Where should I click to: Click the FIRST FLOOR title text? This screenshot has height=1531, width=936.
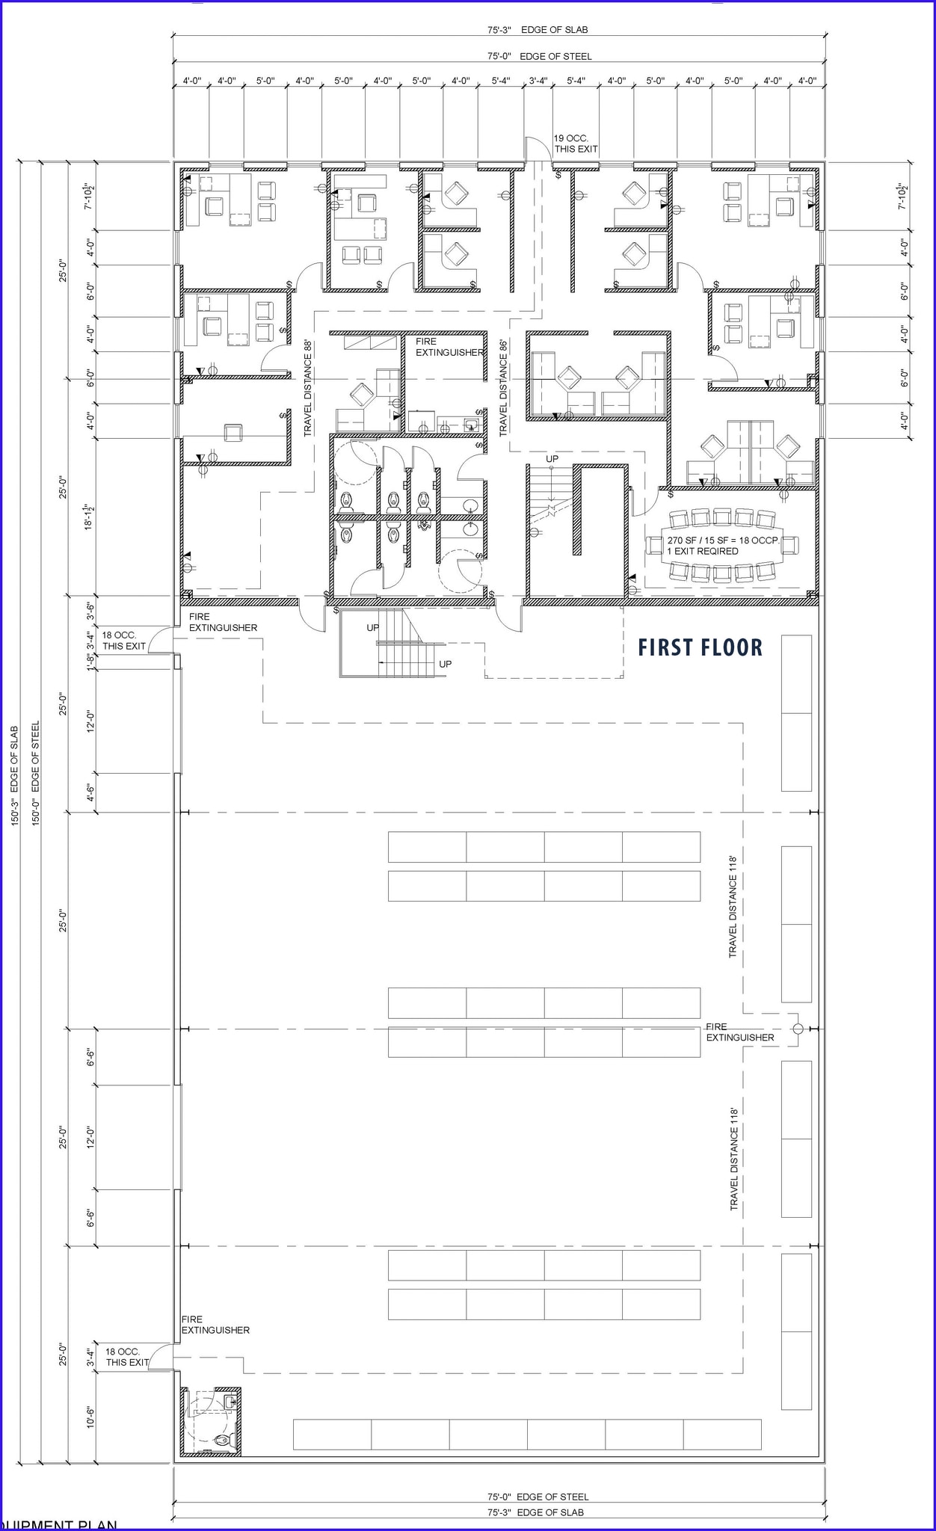(701, 647)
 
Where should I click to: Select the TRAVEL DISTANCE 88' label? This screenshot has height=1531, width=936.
(307, 388)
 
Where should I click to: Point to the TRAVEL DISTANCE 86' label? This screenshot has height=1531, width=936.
(503, 388)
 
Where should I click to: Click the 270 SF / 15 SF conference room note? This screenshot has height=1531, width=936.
(722, 540)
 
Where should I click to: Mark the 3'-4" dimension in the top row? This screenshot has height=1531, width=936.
(538, 81)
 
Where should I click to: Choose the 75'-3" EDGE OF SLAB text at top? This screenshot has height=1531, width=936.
(538, 30)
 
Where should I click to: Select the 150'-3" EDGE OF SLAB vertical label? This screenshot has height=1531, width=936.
(14, 775)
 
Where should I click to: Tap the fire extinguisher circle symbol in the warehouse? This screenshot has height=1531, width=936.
(798, 1029)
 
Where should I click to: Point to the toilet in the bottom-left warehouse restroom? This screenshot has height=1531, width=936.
(222, 1440)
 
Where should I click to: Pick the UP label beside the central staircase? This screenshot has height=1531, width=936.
(552, 459)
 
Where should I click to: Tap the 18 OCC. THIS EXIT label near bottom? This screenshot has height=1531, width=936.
(126, 1357)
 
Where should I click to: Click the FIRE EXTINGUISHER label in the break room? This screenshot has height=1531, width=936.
(449, 347)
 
